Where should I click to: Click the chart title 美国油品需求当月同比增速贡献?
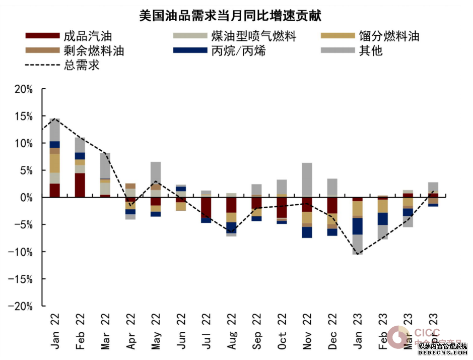click(x=230, y=16)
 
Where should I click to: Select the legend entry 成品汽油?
click(x=87, y=36)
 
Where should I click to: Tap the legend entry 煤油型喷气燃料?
click(x=253, y=36)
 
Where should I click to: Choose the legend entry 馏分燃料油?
click(x=389, y=36)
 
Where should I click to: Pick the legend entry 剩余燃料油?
click(x=94, y=51)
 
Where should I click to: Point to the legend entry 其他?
click(x=371, y=51)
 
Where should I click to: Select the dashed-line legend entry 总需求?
click(x=81, y=65)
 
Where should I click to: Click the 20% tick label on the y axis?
click(x=23, y=89)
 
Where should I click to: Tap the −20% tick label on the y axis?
click(x=21, y=306)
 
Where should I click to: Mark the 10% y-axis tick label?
click(x=23, y=144)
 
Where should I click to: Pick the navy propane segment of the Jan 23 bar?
click(x=357, y=226)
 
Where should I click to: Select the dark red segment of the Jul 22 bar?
click(x=206, y=207)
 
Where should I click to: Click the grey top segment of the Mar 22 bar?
click(x=105, y=165)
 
